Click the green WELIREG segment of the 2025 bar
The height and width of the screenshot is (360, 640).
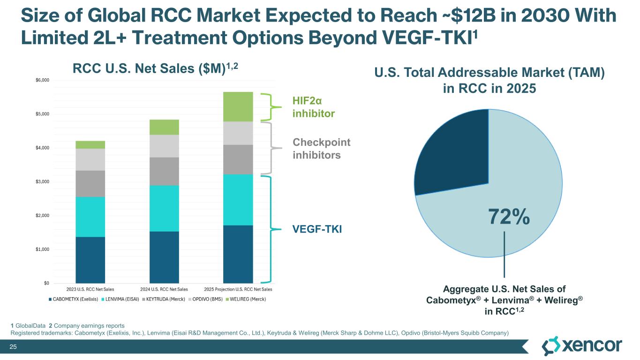click(x=238, y=106)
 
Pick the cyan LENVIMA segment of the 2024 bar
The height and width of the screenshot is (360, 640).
click(x=164, y=208)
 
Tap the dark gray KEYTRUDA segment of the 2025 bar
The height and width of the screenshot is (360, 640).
click(x=238, y=159)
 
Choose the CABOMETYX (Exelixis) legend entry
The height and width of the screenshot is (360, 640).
click(x=75, y=299)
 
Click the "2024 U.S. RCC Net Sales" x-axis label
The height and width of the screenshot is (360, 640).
click(x=164, y=289)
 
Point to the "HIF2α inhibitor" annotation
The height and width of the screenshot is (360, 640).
click(x=313, y=107)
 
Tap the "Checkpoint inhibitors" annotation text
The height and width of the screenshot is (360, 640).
click(x=321, y=148)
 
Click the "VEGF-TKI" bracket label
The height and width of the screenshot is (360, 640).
click(x=317, y=229)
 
